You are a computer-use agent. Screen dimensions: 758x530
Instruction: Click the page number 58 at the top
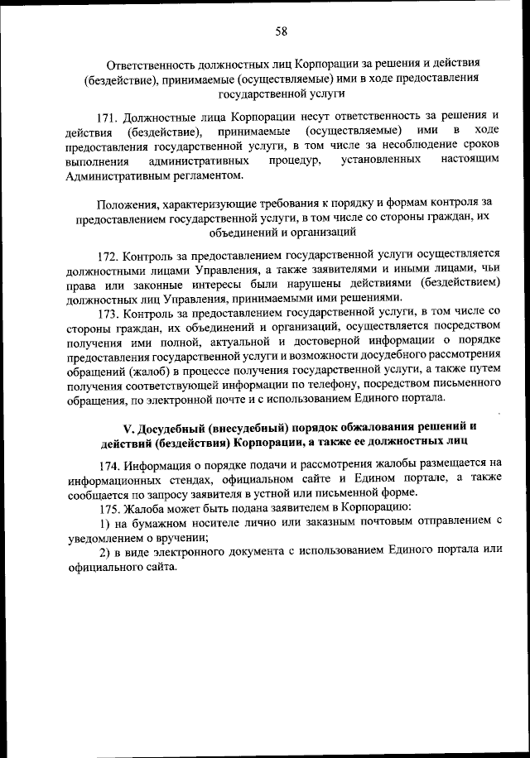point(281,31)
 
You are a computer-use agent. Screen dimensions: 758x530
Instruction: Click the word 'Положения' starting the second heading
point(125,203)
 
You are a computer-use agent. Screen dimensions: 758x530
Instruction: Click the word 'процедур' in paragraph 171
point(295,160)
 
